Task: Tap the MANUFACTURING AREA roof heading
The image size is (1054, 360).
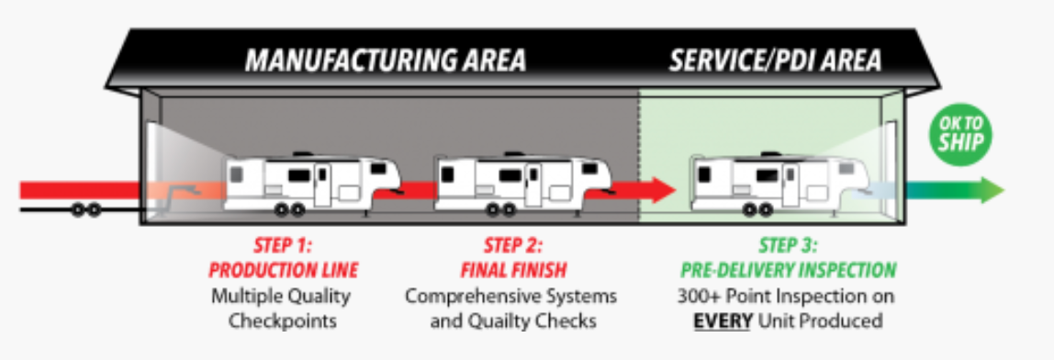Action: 386,60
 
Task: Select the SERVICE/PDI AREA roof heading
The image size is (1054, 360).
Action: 775,60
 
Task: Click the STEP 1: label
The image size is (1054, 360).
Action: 283,245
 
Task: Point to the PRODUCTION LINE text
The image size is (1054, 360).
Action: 283,271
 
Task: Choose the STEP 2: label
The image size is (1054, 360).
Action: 513,245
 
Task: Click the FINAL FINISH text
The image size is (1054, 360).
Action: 513,271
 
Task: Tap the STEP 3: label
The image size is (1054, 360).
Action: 789,245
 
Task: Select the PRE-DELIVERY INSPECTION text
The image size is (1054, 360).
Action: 789,271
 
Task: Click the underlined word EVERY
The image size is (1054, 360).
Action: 722,321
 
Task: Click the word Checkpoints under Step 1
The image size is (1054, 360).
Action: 283,321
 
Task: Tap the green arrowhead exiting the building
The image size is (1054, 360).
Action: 992,190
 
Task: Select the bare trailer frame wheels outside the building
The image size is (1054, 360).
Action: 86,210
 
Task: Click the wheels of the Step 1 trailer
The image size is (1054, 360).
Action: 290,210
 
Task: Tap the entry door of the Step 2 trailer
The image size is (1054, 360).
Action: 533,185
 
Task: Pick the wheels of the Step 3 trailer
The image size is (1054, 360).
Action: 757,210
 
